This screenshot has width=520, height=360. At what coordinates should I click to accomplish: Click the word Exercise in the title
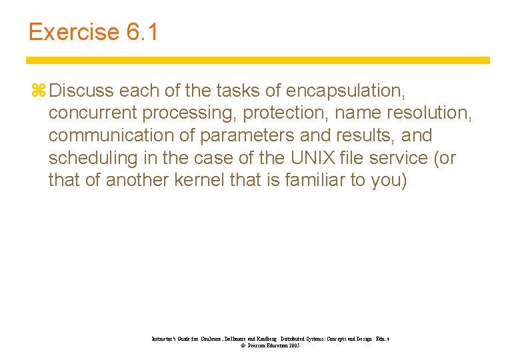click(73, 32)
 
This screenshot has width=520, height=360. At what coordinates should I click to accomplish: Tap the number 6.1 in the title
click(142, 32)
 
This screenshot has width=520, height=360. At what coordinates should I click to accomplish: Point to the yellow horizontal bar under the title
click(258, 60)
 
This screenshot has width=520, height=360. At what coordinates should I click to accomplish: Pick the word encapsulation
click(347, 90)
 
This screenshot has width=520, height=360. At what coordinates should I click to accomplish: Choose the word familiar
click(317, 181)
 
